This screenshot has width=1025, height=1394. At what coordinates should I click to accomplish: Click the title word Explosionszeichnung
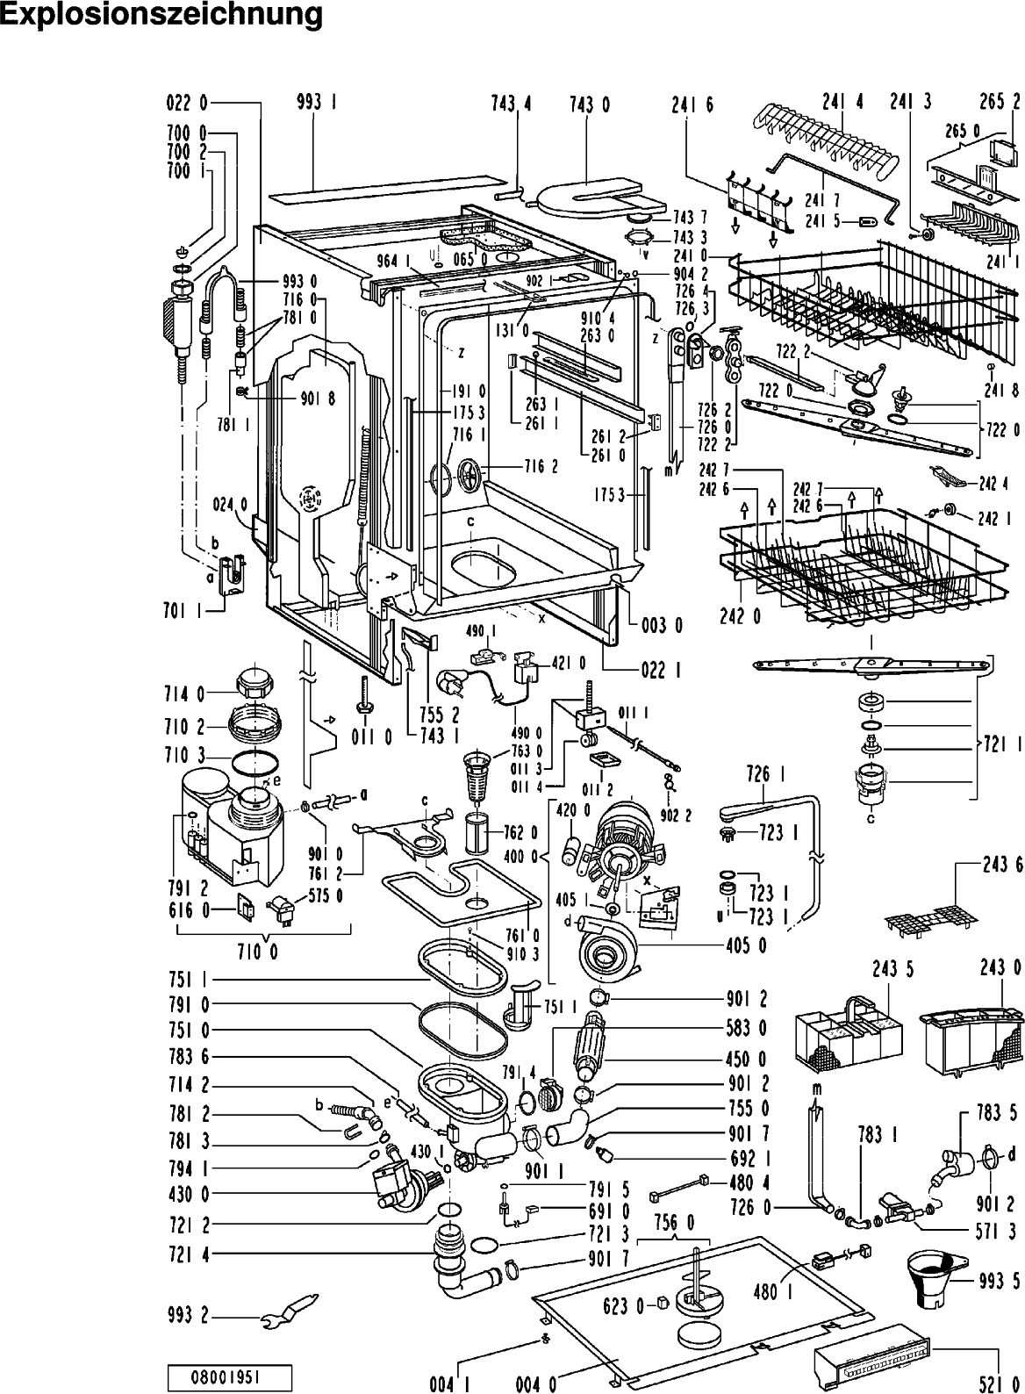(161, 16)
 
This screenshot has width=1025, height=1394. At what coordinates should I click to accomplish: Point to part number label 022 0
(187, 104)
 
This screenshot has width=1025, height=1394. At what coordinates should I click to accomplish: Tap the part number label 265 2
(1000, 103)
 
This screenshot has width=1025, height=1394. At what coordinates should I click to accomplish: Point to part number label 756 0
(674, 1222)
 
